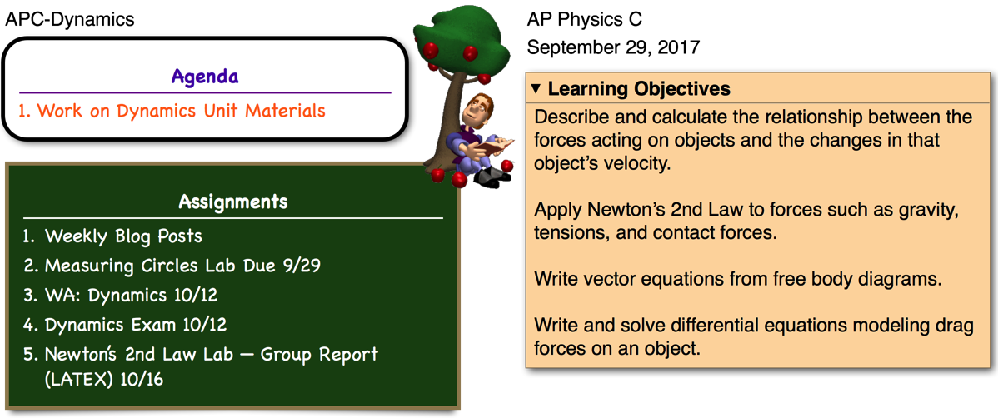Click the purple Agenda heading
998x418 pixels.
click(205, 77)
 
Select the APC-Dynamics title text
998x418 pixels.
click(70, 19)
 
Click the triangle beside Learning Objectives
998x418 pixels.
click(536, 89)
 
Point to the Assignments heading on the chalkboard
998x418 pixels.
click(233, 202)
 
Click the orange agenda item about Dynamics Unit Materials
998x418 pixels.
click(172, 111)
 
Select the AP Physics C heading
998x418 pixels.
click(584, 19)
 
